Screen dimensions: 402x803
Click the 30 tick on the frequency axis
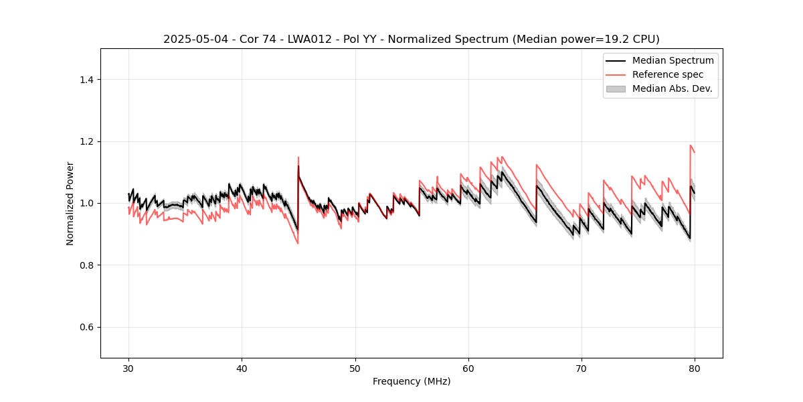pyautogui.click(x=128, y=368)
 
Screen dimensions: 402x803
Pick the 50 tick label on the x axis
pyautogui.click(x=355, y=368)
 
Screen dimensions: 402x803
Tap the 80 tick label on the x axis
pyautogui.click(x=695, y=368)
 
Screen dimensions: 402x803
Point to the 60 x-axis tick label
pyautogui.click(x=468, y=368)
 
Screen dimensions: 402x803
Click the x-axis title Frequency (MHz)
pyautogui.click(x=412, y=381)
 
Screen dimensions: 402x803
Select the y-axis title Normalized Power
pyautogui.click(x=70, y=203)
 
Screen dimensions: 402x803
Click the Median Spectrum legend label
pyautogui.click(x=673, y=60)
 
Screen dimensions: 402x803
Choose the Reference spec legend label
pyautogui.click(x=668, y=74)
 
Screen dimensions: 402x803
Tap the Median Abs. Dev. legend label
pyautogui.click(x=672, y=88)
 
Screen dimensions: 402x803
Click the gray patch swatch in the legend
pyautogui.click(x=616, y=88)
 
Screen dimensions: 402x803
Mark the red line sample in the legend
pyautogui.click(x=616, y=74)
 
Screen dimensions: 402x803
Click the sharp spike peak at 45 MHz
pyautogui.click(x=298, y=157)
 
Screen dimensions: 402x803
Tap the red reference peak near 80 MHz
pyautogui.click(x=691, y=145)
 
